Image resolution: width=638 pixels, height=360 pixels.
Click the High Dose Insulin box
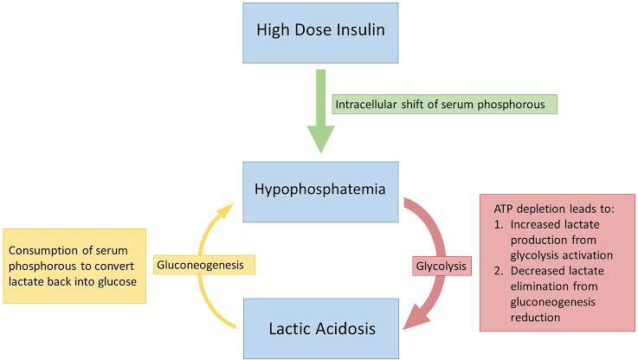321,33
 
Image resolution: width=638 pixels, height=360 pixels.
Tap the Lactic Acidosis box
321,328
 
